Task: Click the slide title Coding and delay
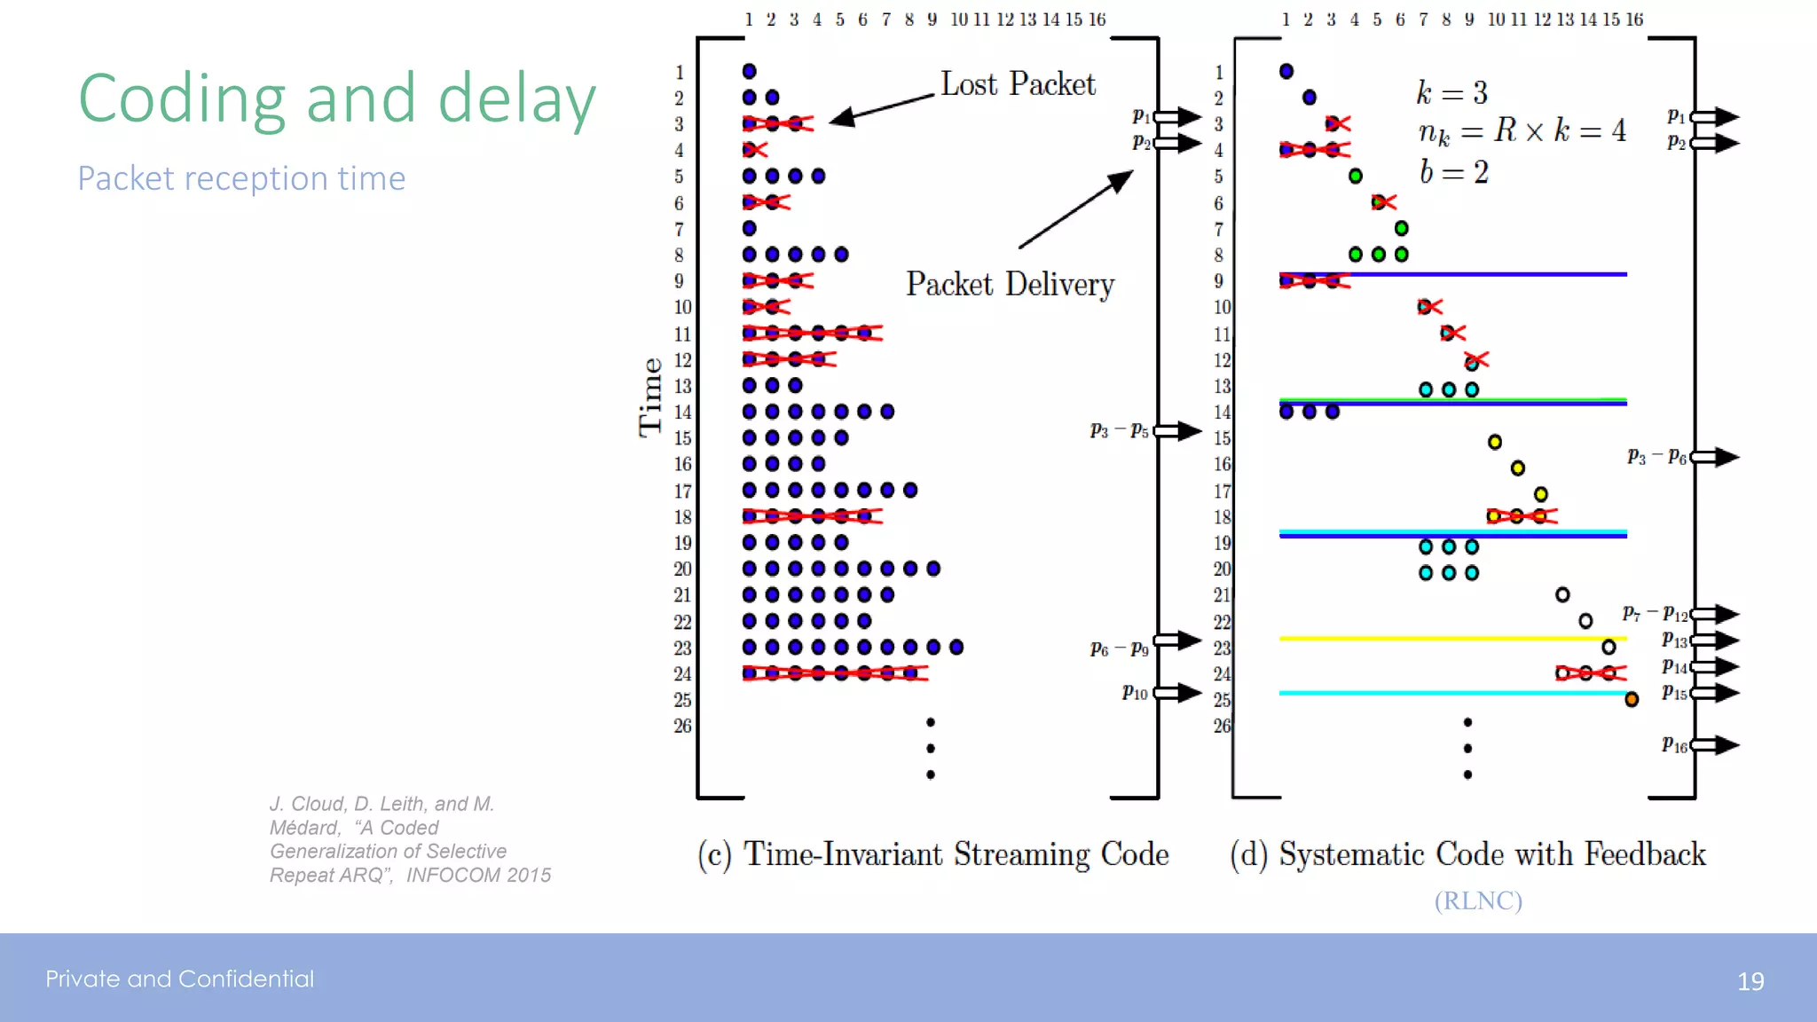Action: (337, 98)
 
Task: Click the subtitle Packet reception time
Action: (241, 178)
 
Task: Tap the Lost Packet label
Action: (1018, 84)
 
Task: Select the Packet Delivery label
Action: (1010, 285)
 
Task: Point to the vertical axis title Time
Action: (650, 397)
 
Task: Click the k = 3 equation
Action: (1451, 92)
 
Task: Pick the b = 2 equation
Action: (1453, 172)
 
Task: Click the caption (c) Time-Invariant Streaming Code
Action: (932, 854)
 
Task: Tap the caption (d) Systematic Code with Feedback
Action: (1467, 854)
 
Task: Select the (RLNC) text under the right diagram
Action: (1478, 900)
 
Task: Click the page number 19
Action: (1750, 981)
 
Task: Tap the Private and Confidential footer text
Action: (180, 979)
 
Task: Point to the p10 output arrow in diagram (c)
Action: (1178, 693)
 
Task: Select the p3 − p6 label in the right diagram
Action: (1656, 457)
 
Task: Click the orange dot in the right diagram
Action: (1631, 700)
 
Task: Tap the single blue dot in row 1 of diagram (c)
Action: (749, 71)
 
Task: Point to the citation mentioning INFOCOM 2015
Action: (410, 839)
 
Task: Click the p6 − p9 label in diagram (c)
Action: (1119, 649)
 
